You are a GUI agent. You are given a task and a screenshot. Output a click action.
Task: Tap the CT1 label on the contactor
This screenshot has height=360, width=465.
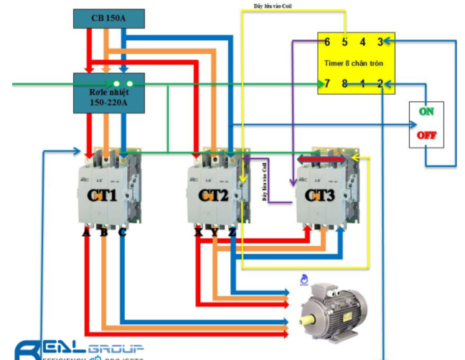coord(104,195)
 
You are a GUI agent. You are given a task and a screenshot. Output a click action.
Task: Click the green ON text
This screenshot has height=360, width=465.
coord(426,112)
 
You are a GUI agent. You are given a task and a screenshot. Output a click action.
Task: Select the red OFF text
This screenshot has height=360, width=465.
coord(426,135)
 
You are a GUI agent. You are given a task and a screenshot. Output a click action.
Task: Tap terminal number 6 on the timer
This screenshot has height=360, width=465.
coord(327,42)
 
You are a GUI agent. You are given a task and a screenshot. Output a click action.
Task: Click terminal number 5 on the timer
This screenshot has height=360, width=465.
coord(345,42)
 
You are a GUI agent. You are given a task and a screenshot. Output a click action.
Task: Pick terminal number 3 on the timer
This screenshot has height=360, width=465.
coord(381,42)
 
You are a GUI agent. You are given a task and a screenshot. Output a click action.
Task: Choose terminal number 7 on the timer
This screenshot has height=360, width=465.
coord(327,84)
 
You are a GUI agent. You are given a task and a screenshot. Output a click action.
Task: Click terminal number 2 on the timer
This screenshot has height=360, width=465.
coord(381,84)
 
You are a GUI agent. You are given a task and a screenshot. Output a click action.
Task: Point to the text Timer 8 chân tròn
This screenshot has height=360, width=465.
coord(354,63)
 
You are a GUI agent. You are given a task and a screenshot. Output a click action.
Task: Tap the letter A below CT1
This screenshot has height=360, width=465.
coord(86,232)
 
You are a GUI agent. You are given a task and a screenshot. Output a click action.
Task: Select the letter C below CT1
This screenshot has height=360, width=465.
coord(122,232)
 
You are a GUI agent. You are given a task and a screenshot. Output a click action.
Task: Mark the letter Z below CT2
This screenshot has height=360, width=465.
coord(231,232)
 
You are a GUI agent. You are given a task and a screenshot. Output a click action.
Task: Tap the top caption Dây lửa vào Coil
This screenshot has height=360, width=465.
coord(273,6)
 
